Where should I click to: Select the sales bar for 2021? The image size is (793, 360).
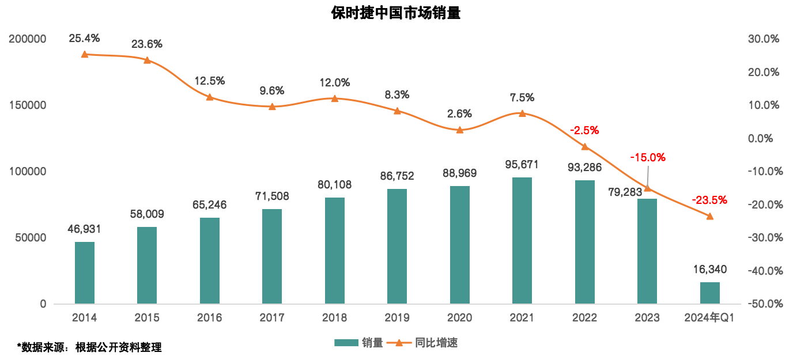click(x=522, y=240)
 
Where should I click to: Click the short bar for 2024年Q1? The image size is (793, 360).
click(x=710, y=293)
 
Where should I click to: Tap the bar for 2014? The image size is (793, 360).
click(x=85, y=272)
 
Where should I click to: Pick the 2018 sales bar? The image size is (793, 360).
click(x=335, y=251)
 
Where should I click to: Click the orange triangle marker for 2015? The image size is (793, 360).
click(x=147, y=60)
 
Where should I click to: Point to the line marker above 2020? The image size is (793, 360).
click(x=460, y=130)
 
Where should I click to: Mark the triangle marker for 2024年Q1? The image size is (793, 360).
click(x=710, y=216)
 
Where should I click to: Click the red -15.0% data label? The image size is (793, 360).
click(x=648, y=157)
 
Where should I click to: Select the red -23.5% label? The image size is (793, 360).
click(x=709, y=200)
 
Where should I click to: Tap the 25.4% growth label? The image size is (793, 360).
click(x=84, y=39)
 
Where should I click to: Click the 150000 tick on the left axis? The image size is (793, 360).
click(x=27, y=105)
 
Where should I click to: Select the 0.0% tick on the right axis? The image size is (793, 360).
click(x=761, y=138)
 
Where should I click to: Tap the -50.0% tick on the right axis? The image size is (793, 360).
click(x=762, y=304)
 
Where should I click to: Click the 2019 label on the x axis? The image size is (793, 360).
click(x=397, y=317)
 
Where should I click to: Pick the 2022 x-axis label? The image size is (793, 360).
click(x=584, y=317)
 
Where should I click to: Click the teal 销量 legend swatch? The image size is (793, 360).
click(x=346, y=343)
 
